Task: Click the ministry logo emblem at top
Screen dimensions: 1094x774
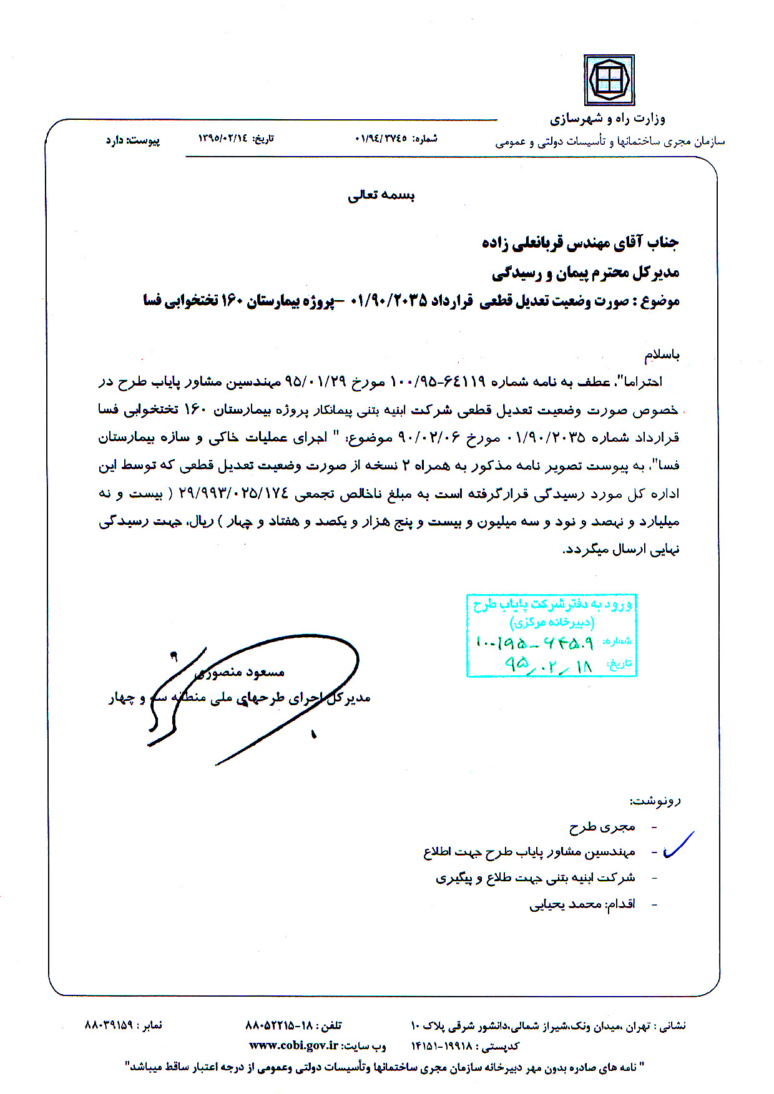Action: click(x=609, y=80)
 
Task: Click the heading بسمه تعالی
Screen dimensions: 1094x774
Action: click(x=381, y=195)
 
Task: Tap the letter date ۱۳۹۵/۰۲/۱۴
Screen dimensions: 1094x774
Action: click(x=223, y=138)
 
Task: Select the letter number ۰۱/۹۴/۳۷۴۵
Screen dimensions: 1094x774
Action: click(x=381, y=138)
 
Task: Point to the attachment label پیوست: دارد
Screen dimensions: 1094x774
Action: click(x=132, y=140)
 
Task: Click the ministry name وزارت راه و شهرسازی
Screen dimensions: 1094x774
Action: click(x=607, y=119)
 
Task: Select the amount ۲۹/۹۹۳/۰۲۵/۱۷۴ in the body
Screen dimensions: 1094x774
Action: click(x=234, y=494)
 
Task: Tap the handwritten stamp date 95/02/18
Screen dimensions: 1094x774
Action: click(x=549, y=665)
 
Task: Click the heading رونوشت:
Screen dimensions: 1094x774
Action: click(x=655, y=801)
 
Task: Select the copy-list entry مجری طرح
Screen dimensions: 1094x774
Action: click(x=602, y=827)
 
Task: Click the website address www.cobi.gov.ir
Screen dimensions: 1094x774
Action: click(x=293, y=1045)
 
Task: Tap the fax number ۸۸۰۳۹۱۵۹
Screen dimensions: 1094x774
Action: click(x=109, y=1025)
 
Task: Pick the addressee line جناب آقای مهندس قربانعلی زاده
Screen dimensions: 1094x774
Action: click(x=580, y=242)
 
